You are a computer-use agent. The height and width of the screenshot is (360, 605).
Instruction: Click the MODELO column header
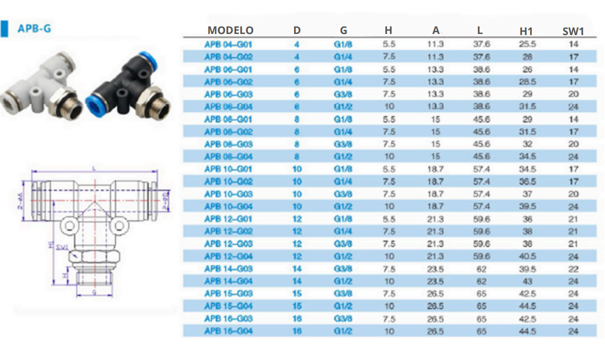pyautogui.click(x=230, y=30)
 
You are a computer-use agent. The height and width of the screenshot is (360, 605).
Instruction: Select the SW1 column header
pyautogui.click(x=573, y=31)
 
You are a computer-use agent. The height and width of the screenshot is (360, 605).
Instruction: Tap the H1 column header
pyautogui.click(x=526, y=31)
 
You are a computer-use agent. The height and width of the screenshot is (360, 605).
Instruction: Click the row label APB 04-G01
pyautogui.click(x=228, y=44)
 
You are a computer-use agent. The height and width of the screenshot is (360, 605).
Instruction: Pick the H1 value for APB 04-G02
pyautogui.click(x=526, y=57)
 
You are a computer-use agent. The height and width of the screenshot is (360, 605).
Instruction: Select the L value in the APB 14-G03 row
pyautogui.click(x=481, y=269)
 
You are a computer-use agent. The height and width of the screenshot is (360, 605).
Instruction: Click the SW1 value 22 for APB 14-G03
pyautogui.click(x=573, y=269)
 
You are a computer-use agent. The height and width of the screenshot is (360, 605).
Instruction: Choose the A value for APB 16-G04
pyautogui.click(x=435, y=331)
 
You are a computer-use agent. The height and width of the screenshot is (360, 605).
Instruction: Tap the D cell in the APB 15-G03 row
pyautogui.click(x=297, y=294)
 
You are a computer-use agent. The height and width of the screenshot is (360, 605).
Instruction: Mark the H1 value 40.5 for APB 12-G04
pyautogui.click(x=526, y=256)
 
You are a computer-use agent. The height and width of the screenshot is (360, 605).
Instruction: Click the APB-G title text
pyautogui.click(x=34, y=28)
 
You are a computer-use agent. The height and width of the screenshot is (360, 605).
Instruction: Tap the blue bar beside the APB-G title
pyautogui.click(x=5, y=28)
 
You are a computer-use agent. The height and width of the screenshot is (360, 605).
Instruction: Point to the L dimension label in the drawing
pyautogui.click(x=93, y=168)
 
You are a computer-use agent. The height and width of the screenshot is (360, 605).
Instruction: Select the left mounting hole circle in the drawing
pyautogui.click(x=70, y=226)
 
